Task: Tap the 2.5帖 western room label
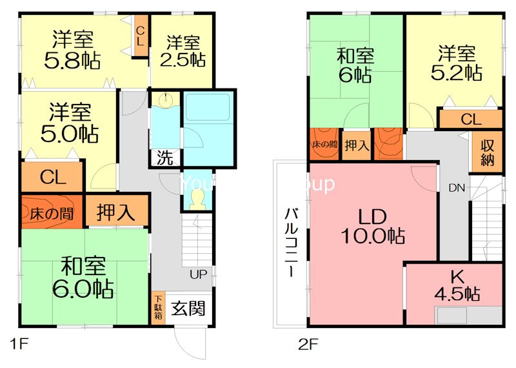[183, 52]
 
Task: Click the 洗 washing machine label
[164, 158]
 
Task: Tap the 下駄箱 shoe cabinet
[158, 309]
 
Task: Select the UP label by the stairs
[198, 274]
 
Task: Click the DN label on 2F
[457, 188]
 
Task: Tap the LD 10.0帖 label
[373, 226]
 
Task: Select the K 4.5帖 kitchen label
[457, 286]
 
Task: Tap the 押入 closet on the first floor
[117, 212]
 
